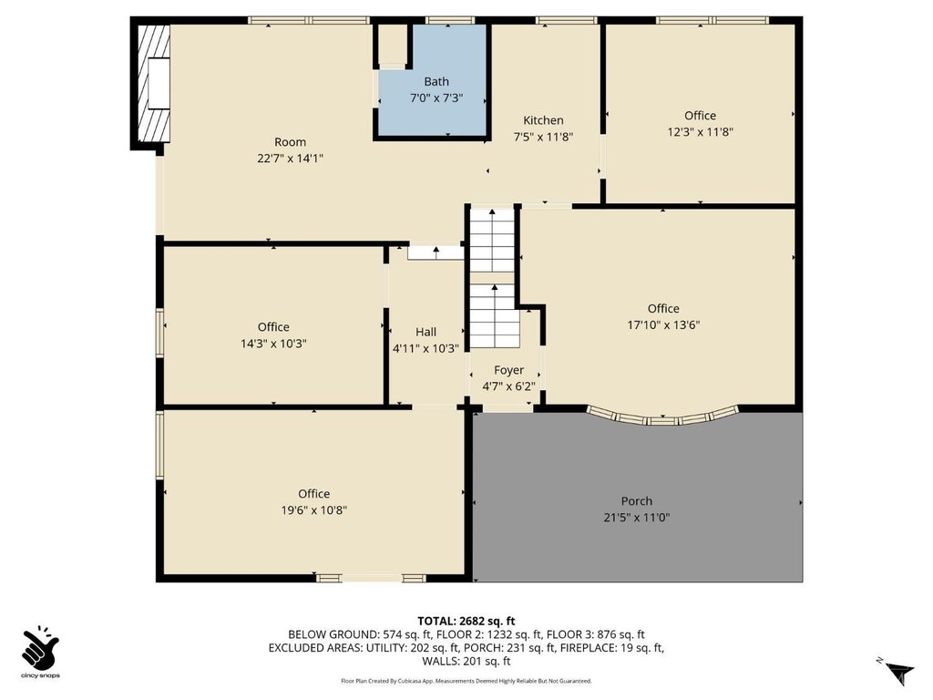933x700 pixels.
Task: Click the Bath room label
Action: (x=436, y=81)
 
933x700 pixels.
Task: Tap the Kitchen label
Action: (x=543, y=120)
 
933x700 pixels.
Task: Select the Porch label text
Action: (x=637, y=501)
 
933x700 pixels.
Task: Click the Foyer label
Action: (x=508, y=370)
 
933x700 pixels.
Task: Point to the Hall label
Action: (x=426, y=332)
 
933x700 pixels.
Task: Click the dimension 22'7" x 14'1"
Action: (x=291, y=159)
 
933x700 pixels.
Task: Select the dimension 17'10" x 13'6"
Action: (x=663, y=325)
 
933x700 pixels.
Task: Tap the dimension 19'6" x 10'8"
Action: (x=314, y=510)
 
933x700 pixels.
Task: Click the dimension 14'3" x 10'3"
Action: (x=273, y=344)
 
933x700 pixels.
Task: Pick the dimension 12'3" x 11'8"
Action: (x=701, y=132)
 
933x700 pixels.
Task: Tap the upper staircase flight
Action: (x=492, y=240)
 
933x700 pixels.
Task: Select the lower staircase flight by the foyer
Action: (x=495, y=315)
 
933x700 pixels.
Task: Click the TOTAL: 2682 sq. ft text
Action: (x=466, y=622)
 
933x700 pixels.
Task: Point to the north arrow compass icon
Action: (x=898, y=672)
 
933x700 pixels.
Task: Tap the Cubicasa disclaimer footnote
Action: (x=466, y=681)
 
